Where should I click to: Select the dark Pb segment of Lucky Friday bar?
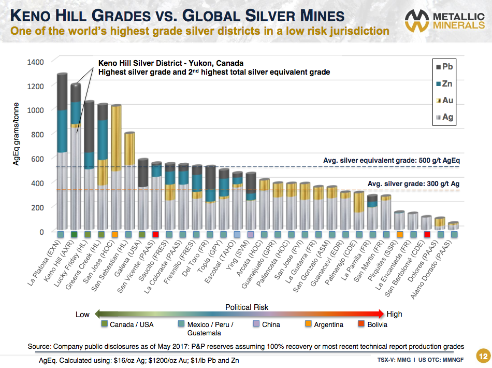coord(89,127)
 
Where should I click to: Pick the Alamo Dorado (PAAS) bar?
coord(454,226)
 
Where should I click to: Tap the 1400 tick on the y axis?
coord(43,62)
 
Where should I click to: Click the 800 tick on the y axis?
coord(45,134)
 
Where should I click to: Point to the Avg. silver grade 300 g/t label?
coord(413,184)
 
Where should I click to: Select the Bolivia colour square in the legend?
coord(362,324)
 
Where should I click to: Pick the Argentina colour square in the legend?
coord(308,324)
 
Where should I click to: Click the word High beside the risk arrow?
coord(394,314)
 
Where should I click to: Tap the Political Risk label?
coord(247,307)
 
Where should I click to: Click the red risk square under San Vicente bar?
coord(156,235)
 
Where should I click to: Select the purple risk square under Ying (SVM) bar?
coord(251,235)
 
